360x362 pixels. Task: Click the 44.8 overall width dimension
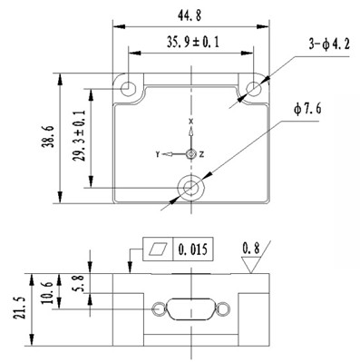click(190, 12)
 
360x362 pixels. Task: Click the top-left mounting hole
click(128, 88)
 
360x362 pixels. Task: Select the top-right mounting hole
click(253, 88)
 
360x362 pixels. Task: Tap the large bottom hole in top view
click(190, 187)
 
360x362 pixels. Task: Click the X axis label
click(190, 122)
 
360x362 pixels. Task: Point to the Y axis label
click(158, 155)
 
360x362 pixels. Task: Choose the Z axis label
click(201, 155)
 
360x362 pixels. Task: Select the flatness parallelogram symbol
click(159, 248)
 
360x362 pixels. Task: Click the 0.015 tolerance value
click(193, 248)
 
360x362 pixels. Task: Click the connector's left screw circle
click(160, 310)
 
